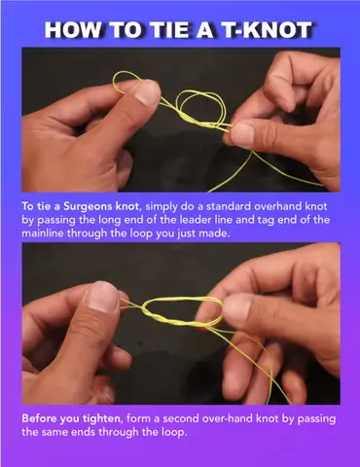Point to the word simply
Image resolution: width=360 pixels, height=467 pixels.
[x=161, y=207]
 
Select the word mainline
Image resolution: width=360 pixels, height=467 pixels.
[x=43, y=233]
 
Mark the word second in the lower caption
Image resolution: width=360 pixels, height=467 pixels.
[x=181, y=418]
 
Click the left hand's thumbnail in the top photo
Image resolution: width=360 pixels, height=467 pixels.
[x=148, y=92]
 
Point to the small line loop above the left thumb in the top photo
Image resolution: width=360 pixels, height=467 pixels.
[x=125, y=73]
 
